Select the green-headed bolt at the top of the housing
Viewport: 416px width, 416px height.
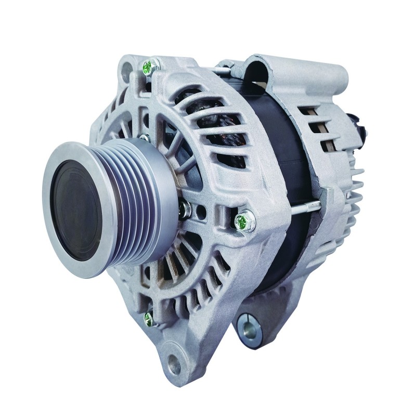tap(148, 66)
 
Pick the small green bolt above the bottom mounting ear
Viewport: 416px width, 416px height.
tap(149, 319)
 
